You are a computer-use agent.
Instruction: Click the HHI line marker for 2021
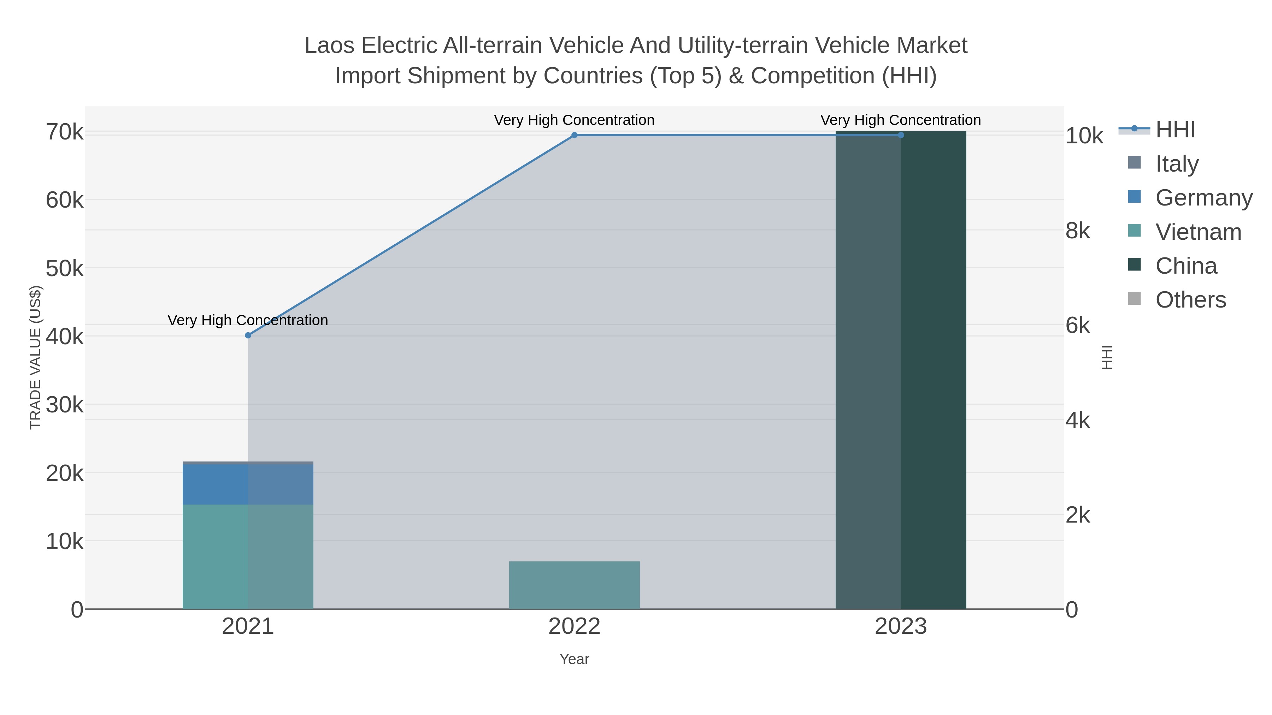[248, 335]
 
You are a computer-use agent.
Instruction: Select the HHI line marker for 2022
[574, 135]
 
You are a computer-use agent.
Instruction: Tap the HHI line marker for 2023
[901, 135]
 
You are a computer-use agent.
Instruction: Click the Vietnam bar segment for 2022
[574, 585]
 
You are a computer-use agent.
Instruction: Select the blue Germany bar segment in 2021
[248, 484]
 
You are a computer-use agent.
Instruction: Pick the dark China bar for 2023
[901, 370]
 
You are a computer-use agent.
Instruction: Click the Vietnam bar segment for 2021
[248, 556]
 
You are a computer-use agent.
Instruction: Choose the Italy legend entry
[1177, 163]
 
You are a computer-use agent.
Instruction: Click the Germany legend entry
[1203, 197]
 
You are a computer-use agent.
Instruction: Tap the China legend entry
[1185, 266]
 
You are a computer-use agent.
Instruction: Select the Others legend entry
[1190, 299]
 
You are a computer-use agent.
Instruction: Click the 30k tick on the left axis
[65, 405]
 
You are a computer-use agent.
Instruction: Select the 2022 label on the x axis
[574, 626]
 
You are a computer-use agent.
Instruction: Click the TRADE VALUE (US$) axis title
[36, 357]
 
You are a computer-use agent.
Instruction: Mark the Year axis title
[574, 659]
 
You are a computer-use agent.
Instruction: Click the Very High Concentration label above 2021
[248, 320]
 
